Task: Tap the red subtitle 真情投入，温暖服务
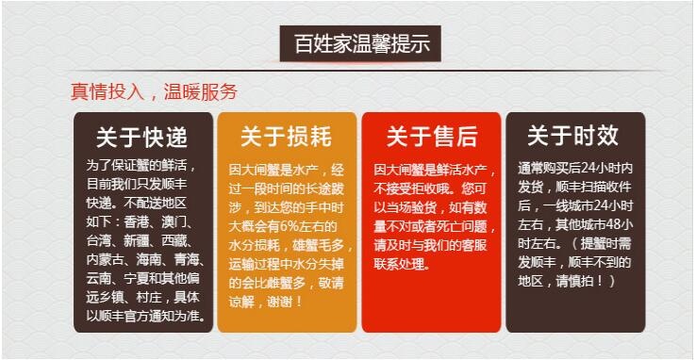pyautogui.click(x=154, y=91)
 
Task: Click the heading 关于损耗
pyautogui.click(x=287, y=137)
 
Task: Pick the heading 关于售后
pyautogui.click(x=431, y=137)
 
